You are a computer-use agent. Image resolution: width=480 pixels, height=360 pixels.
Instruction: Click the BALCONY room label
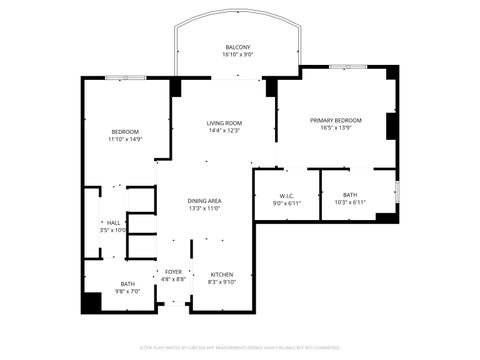237,47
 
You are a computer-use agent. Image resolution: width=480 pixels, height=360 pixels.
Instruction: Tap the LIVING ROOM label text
225,123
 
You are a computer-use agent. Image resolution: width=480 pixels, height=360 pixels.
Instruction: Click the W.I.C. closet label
287,196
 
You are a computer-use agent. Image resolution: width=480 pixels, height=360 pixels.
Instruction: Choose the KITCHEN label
221,274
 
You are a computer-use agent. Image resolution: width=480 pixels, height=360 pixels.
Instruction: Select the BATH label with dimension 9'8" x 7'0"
128,283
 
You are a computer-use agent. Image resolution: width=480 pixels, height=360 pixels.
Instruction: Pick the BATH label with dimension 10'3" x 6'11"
350,195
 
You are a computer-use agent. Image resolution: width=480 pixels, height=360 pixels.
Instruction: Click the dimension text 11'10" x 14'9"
125,139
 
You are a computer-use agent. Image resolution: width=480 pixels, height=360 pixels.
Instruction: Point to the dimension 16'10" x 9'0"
237,55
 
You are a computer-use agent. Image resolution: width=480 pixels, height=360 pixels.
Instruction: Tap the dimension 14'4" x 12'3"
225,131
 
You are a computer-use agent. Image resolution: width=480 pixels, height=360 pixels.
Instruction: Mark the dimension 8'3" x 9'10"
221,281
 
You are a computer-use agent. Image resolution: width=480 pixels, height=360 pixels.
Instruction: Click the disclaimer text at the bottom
240,349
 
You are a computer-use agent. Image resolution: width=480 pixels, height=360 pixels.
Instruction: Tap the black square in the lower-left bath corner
92,302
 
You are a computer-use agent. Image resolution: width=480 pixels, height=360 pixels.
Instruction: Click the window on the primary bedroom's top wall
343,66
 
